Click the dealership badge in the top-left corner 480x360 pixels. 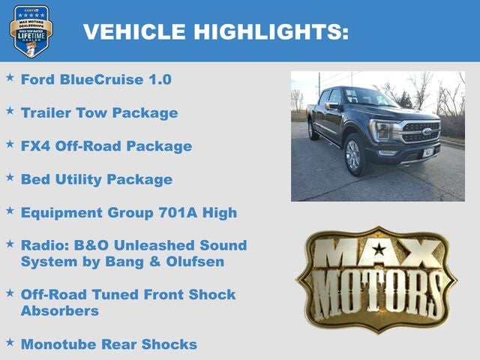pyautogui.click(x=31, y=31)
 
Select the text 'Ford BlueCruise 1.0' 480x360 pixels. pyautogui.click(x=96, y=79)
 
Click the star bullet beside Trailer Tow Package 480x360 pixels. pyautogui.click(x=10, y=111)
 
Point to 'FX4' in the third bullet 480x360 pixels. pyautogui.click(x=35, y=145)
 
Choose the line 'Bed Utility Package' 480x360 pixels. pyautogui.click(x=96, y=179)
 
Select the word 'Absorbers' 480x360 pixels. pyautogui.click(x=59, y=310)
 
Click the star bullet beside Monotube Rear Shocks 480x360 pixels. pyautogui.click(x=10, y=342)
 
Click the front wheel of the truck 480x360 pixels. pyautogui.click(x=352, y=154)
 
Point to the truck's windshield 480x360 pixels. pyautogui.click(x=367, y=97)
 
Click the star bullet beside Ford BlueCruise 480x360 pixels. pyautogui.click(x=10, y=77)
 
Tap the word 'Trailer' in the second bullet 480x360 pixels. pyautogui.click(x=48, y=112)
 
